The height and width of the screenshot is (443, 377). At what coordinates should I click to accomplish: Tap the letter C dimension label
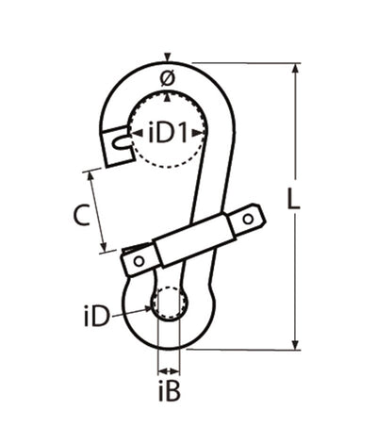(x=82, y=215)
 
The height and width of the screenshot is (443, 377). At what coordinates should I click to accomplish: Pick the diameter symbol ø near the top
(x=167, y=76)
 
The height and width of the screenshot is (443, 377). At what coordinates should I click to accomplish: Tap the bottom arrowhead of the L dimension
(x=297, y=344)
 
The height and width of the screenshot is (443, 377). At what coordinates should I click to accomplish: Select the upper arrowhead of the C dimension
(x=98, y=175)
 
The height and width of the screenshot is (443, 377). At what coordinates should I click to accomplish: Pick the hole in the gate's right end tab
(x=249, y=221)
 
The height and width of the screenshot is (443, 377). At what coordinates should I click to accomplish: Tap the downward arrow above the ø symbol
(x=167, y=57)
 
